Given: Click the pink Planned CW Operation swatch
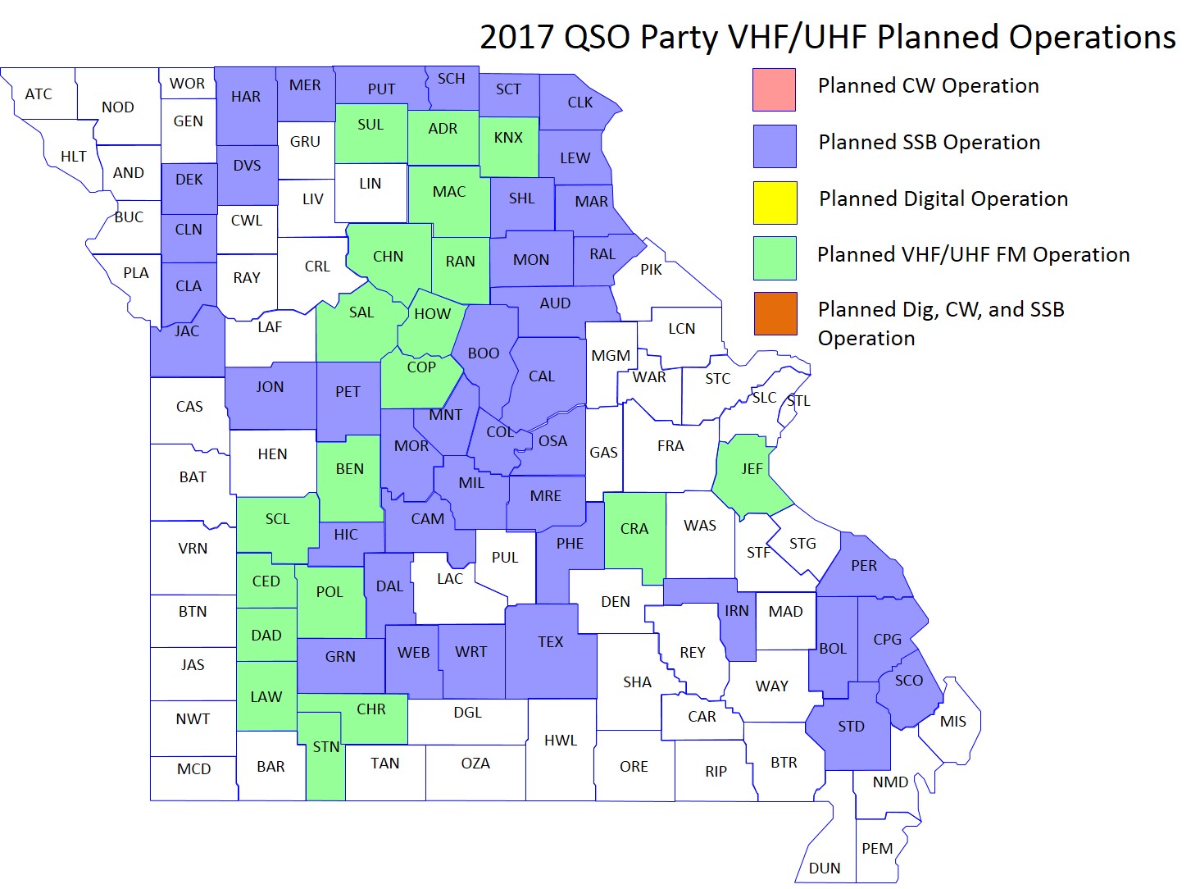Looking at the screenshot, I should [774, 89].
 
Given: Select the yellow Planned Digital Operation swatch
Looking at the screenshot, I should [775, 203].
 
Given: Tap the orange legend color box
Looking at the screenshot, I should [775, 313].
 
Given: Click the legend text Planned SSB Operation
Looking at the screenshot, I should [929, 143].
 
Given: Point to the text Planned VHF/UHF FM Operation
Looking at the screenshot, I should [973, 255].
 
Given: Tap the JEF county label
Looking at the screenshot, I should [752, 469].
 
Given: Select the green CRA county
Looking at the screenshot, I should [634, 529].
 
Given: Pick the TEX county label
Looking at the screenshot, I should [551, 642].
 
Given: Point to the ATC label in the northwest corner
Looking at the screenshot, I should [39, 94].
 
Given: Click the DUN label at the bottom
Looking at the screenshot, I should [825, 868].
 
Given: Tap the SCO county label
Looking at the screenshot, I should [908, 681].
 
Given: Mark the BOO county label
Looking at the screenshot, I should [484, 353].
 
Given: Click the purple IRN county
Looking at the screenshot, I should [737, 611].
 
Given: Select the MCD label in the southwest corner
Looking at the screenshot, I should [194, 769].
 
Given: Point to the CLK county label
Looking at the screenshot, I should [580, 103].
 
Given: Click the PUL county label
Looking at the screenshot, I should [505, 558].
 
